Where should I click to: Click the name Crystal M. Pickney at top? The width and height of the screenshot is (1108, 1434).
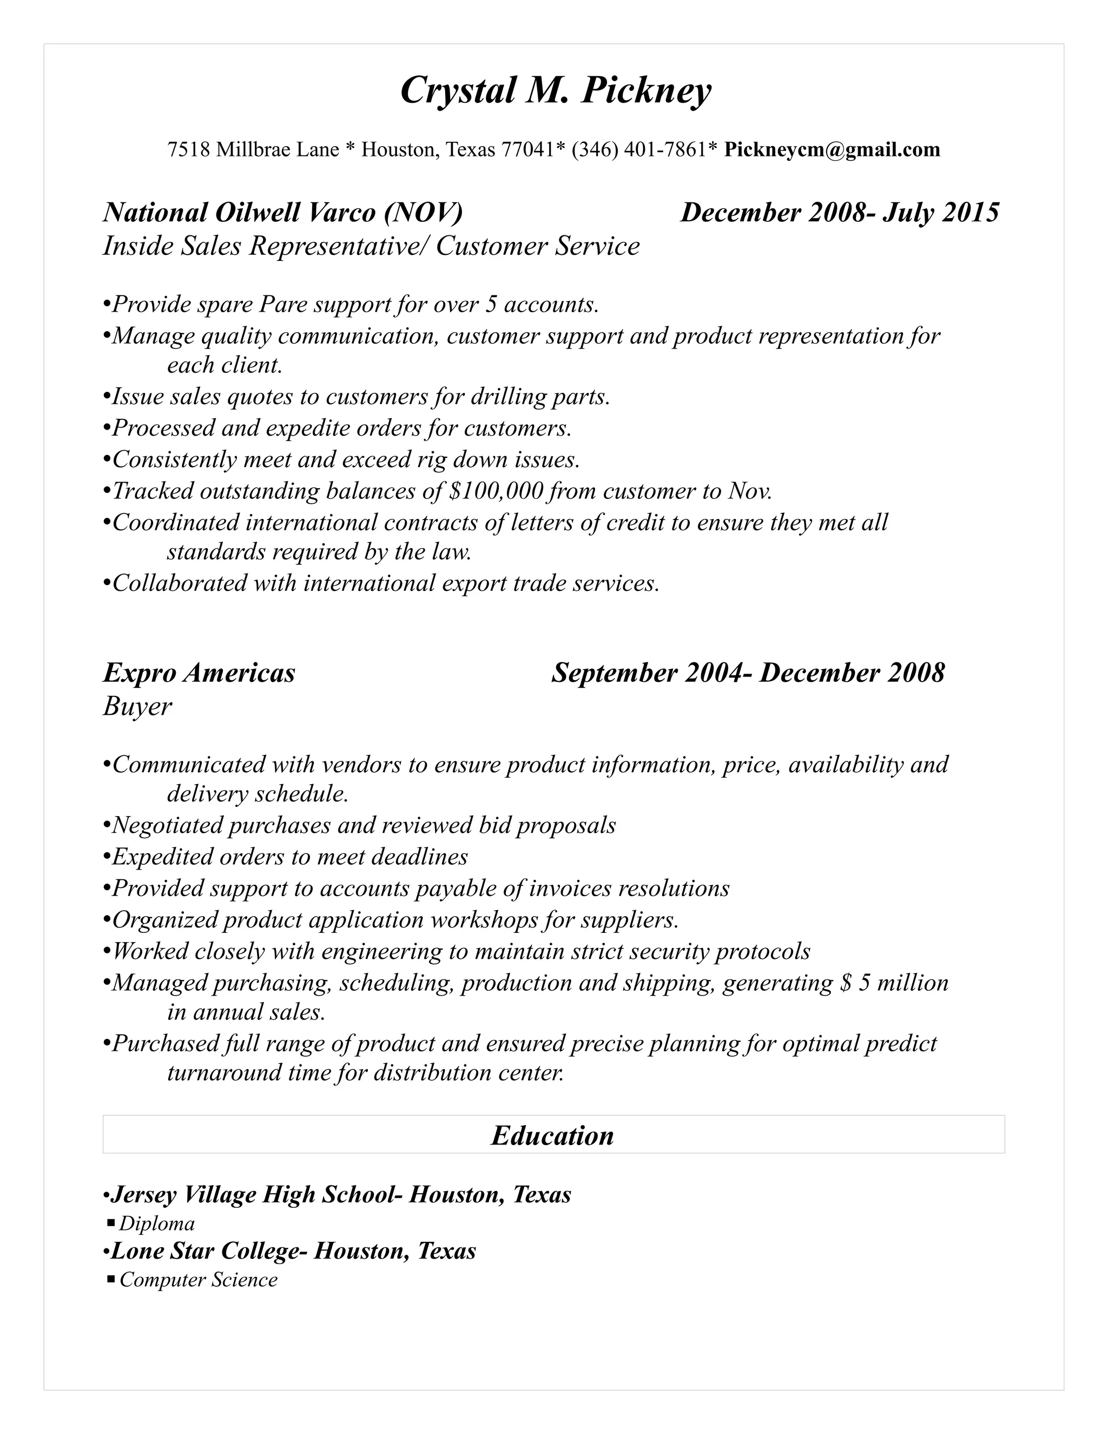coord(555,90)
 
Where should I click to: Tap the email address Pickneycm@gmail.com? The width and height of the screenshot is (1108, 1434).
coord(832,150)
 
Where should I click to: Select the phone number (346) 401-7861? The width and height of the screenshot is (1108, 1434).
coord(641,150)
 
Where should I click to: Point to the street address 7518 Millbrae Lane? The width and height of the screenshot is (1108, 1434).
coord(253,150)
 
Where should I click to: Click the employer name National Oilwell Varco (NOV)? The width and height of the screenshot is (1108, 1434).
coord(283,213)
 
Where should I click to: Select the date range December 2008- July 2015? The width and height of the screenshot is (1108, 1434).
coord(840,213)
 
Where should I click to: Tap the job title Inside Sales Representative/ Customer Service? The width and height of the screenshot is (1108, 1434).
coord(371,246)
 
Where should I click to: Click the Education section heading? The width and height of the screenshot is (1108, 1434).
coord(553,1136)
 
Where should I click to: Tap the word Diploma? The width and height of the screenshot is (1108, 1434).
coord(157,1224)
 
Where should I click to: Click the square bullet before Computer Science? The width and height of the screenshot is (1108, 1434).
coord(110,1279)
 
